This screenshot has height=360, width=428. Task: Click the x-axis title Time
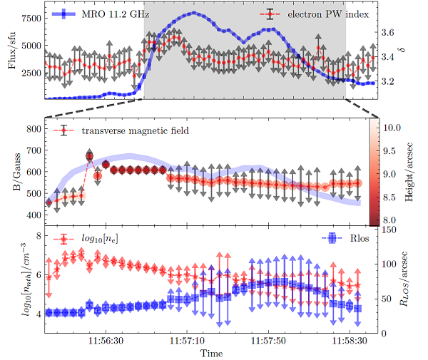coord(210,354)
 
